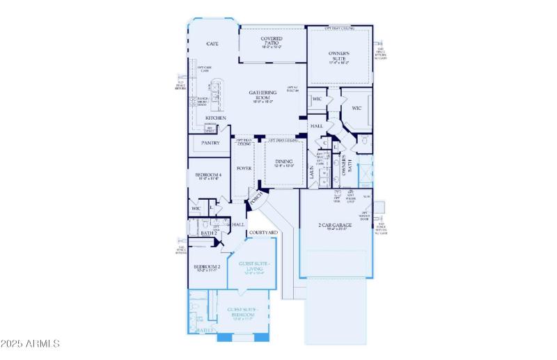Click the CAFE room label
pos(212,44)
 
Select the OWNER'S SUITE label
pos(339,56)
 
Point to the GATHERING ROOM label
pos(263,95)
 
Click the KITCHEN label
pos(215,118)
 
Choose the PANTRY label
pos(210,143)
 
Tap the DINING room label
pos(283,162)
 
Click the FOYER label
pos(244,169)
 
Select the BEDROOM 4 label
pos(207,174)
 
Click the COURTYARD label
pos(263,232)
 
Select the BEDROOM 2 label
pos(207,267)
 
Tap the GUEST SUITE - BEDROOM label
pos(242,311)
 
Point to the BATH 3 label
pos(205,329)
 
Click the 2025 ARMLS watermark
pos(30,344)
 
